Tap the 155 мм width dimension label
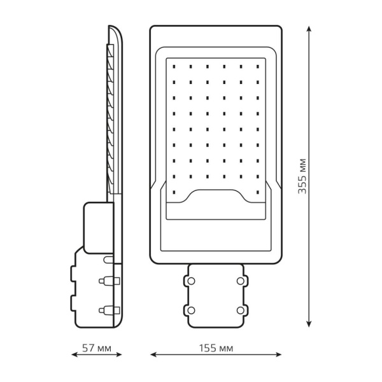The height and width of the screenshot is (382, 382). (x=216, y=349)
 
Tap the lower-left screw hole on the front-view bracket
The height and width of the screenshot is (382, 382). (x=190, y=310)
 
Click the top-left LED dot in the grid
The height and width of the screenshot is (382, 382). (x=174, y=64)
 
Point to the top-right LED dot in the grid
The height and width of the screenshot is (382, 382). (x=258, y=64)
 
